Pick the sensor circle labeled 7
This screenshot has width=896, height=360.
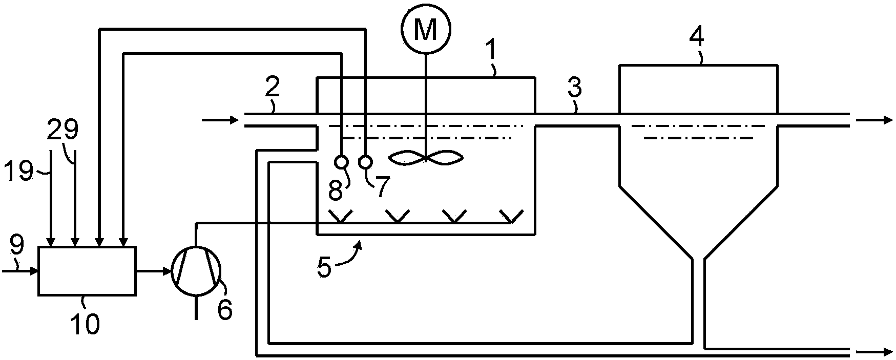pos(365,162)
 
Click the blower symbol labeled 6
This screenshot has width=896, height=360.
pos(196,271)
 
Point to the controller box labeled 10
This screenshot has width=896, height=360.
pos(87,271)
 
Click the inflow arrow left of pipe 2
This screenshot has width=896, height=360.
pos(221,120)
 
